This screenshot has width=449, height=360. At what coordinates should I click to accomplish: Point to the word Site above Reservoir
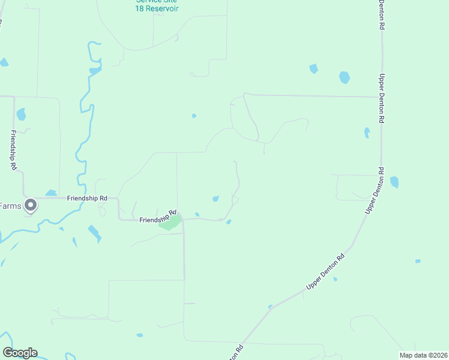[x=170, y=1]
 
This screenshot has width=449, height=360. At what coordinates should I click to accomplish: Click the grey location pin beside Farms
[x=31, y=206]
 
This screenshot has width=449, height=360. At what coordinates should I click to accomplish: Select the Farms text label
[x=10, y=206]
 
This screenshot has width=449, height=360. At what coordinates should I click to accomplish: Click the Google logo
[x=20, y=353]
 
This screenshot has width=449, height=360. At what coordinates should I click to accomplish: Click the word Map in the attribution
[x=407, y=355]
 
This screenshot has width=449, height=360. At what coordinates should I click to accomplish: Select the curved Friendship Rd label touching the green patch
[x=157, y=217]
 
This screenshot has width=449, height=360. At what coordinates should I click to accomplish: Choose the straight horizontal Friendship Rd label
[x=87, y=197]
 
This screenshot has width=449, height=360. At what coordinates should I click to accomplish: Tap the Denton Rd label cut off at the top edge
[x=381, y=15]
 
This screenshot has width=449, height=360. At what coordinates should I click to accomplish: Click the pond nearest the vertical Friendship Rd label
[x=22, y=114]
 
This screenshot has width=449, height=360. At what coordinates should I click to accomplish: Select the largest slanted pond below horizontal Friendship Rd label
[x=94, y=233]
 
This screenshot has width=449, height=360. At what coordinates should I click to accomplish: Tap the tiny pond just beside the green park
[x=197, y=214]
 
